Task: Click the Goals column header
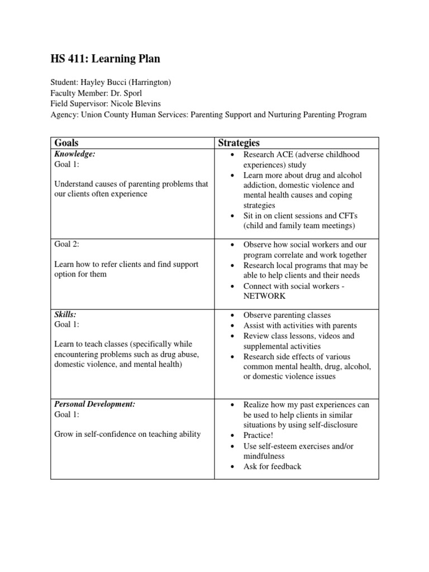[x=66, y=143]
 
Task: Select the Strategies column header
[x=239, y=143]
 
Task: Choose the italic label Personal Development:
[x=95, y=403]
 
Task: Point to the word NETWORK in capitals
[x=264, y=296]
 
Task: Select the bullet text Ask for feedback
[x=272, y=466]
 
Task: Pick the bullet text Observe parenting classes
[x=287, y=315]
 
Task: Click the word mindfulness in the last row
[x=264, y=456]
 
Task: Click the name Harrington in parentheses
[x=150, y=83]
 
